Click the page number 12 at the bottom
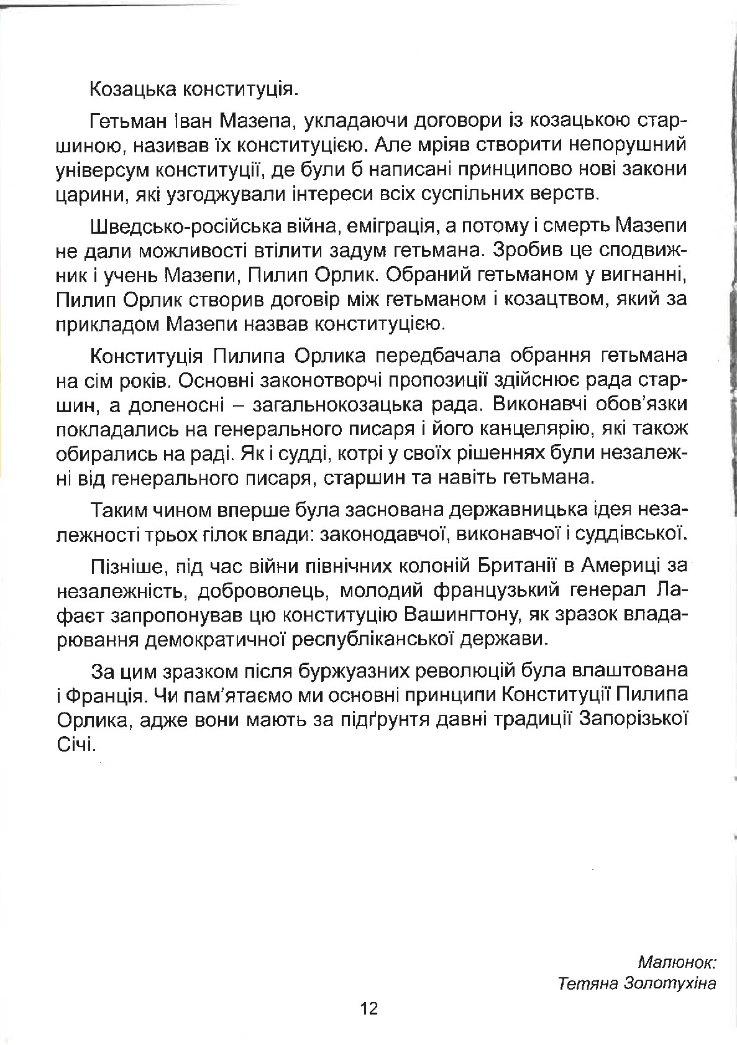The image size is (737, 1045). coord(368,1008)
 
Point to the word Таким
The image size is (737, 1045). coord(118,509)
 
